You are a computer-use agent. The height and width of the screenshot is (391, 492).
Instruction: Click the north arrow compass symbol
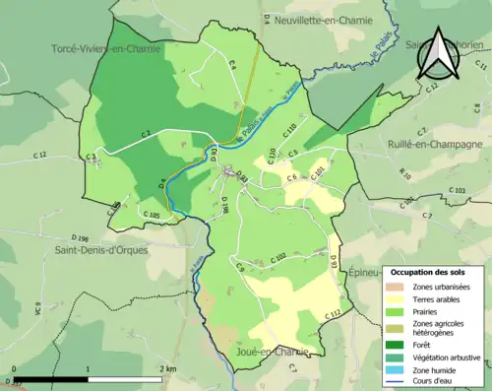tap(436, 55)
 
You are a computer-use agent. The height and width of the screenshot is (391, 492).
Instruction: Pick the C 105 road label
tap(151, 215)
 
